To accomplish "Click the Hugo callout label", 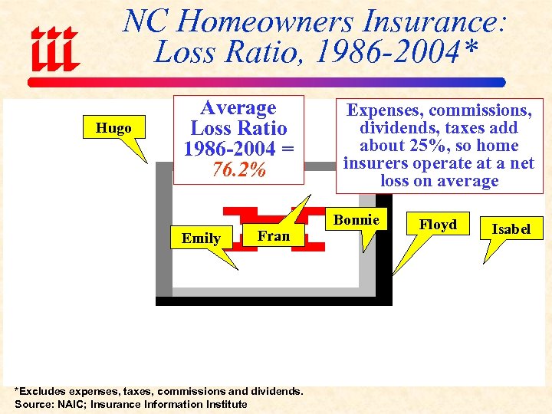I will pos(113,128).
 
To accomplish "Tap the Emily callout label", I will pos(201,238).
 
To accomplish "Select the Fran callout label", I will pos(274,236).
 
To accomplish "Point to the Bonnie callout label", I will pos(356,220).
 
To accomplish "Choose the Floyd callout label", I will pos(438,225).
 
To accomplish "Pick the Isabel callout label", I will pos(511,229).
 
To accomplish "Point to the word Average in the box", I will pos(238,108).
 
